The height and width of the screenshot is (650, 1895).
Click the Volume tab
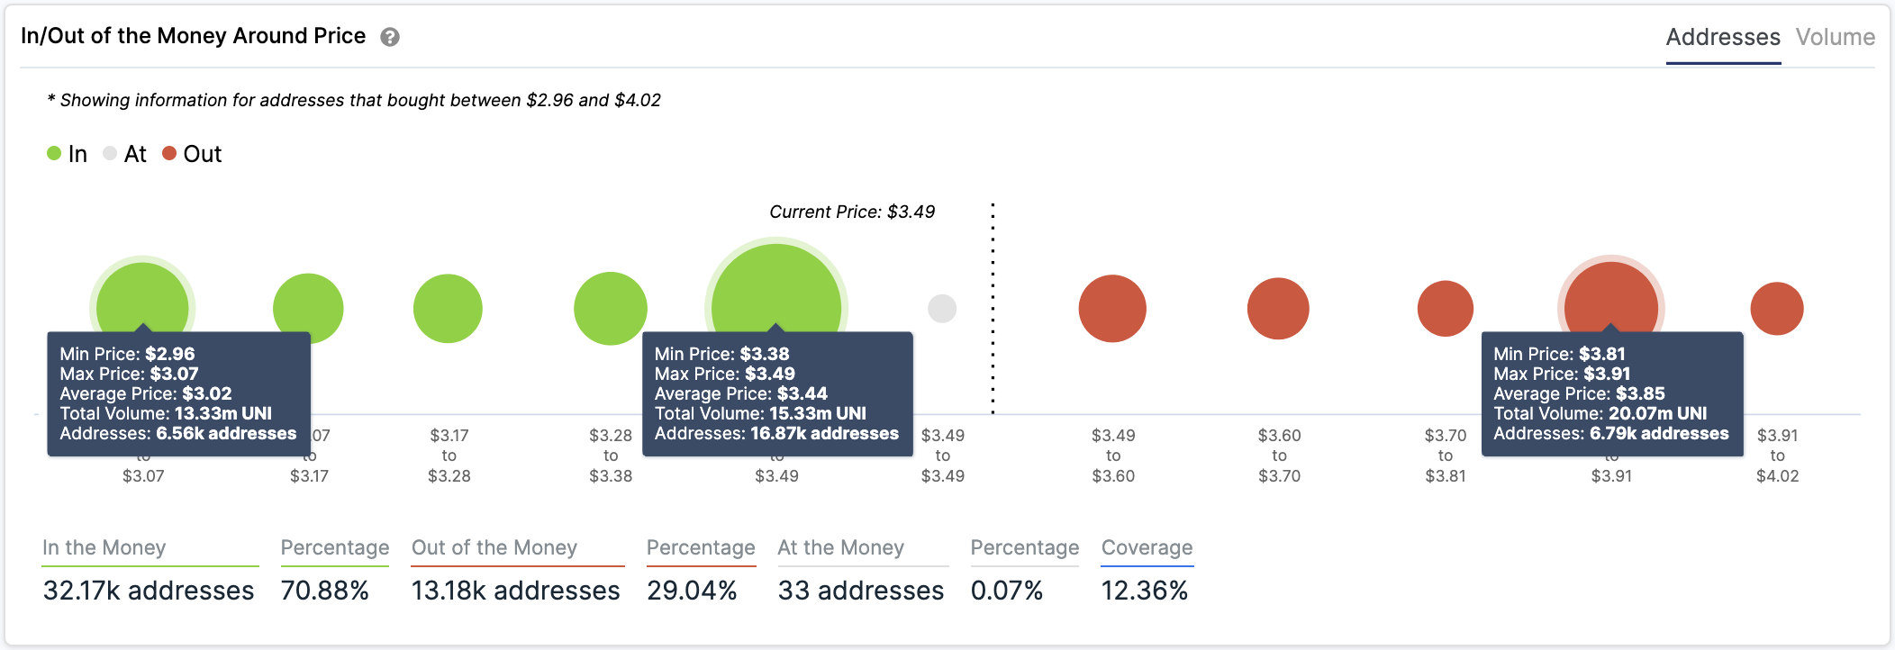[1835, 37]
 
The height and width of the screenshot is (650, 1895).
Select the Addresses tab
[1722, 37]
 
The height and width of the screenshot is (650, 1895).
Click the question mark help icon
[389, 37]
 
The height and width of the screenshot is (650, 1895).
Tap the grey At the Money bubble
[942, 309]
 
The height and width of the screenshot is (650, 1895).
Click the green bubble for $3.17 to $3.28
[448, 309]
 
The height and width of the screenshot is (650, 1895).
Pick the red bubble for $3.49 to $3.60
[1112, 309]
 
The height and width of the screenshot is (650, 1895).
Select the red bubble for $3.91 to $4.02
[1776, 309]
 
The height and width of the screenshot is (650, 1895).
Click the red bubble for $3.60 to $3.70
[1278, 309]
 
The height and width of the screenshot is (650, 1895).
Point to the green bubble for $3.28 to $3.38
[611, 309]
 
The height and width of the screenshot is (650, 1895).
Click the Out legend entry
[192, 154]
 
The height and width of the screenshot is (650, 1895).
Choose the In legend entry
[68, 154]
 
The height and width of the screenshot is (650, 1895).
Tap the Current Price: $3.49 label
[852, 212]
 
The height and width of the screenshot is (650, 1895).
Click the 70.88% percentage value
[324, 591]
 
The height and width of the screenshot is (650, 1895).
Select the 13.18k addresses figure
[515, 591]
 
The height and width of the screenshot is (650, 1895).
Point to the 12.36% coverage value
[1144, 591]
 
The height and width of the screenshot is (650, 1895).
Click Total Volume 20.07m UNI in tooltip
[1600, 413]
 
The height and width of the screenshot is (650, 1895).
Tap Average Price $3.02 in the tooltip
[146, 393]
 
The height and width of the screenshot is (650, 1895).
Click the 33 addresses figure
[860, 591]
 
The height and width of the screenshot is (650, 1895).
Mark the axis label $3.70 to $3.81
[1445, 455]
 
